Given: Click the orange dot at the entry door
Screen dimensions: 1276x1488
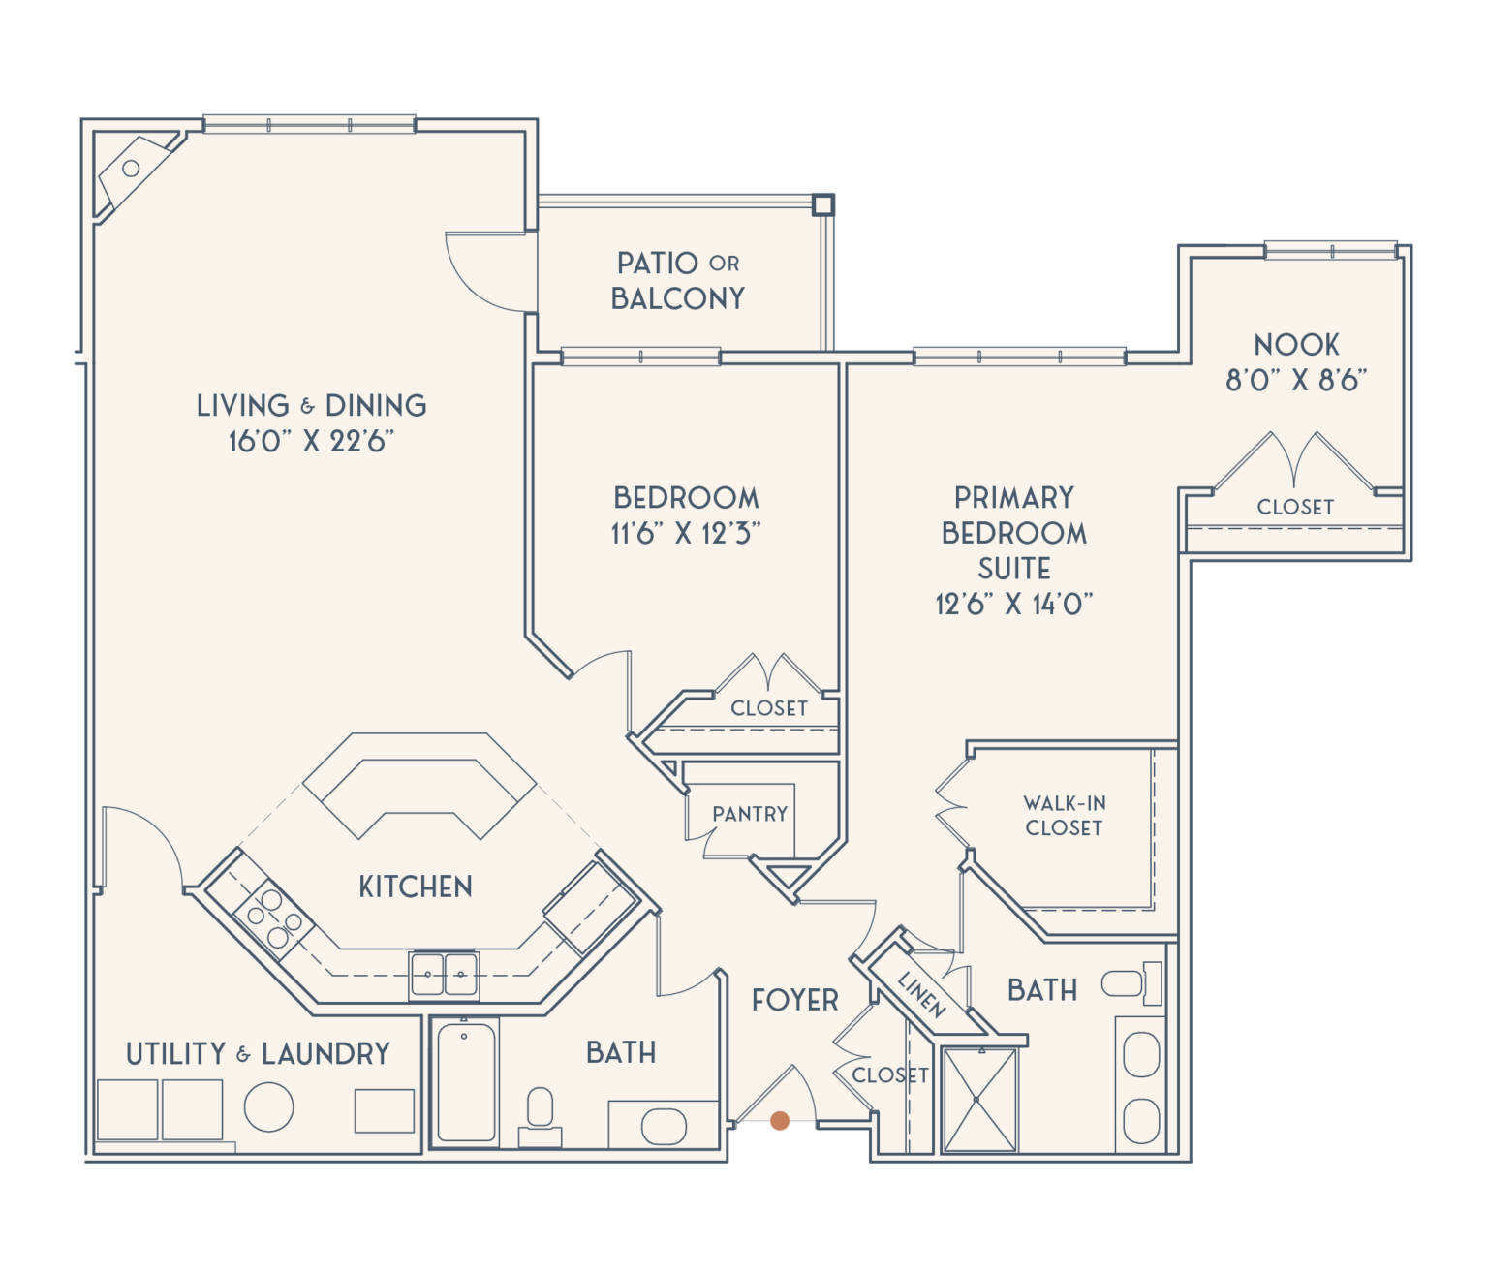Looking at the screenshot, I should [x=780, y=1122].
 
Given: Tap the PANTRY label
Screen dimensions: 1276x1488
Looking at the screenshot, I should [x=750, y=814].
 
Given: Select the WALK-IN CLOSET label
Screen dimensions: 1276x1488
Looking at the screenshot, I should [x=1064, y=816].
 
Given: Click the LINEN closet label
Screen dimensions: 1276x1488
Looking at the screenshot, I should [x=921, y=994].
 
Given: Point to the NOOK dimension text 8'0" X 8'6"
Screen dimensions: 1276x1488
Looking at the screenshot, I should [x=1296, y=380].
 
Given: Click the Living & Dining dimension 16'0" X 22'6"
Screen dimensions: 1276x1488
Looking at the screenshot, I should [x=311, y=442].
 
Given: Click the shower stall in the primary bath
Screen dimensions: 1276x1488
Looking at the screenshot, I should [x=980, y=1100].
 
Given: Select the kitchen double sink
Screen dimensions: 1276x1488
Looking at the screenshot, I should [x=444, y=975].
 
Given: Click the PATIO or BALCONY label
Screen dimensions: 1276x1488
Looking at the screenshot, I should [x=678, y=281].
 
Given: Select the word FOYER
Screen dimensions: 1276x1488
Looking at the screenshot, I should [x=794, y=1000].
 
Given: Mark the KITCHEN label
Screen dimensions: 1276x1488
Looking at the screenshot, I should [x=416, y=887].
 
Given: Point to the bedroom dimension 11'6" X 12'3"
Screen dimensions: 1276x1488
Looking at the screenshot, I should [x=685, y=534].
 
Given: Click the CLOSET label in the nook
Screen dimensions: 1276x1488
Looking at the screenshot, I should [x=1295, y=507].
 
